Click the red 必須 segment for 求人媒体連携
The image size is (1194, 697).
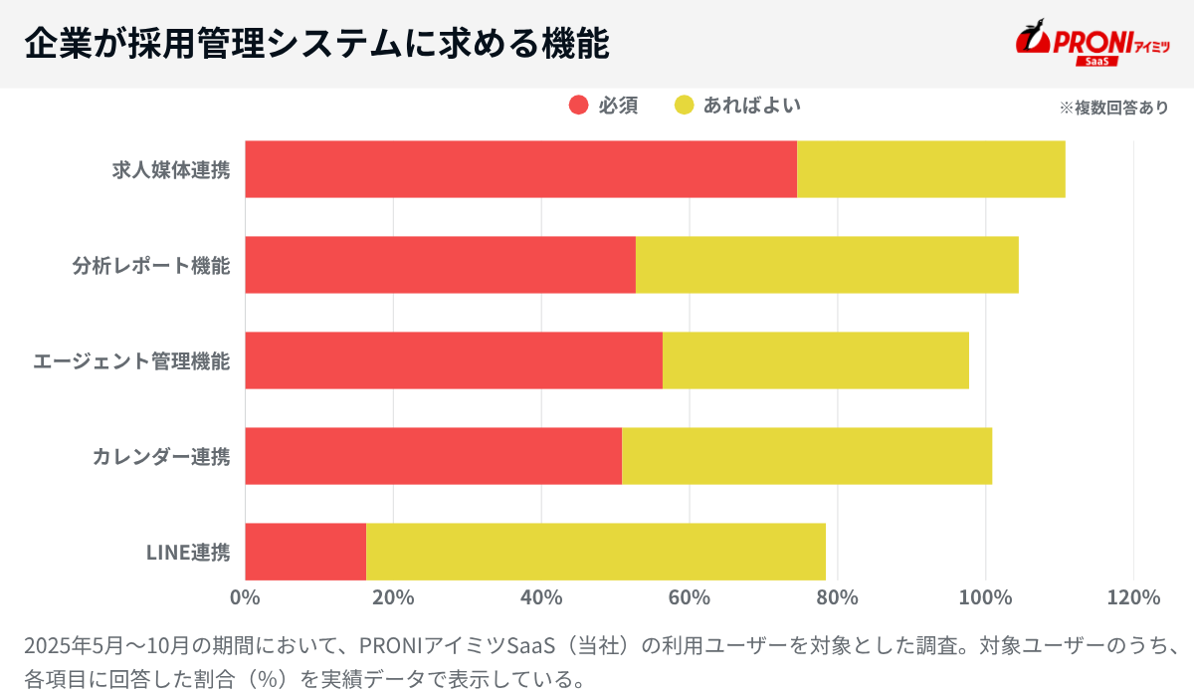point(520,169)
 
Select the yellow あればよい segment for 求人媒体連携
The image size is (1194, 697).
point(930,169)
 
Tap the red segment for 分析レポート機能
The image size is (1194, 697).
point(440,265)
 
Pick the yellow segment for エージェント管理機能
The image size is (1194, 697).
point(815,360)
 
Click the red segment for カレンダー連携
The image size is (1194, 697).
point(433,456)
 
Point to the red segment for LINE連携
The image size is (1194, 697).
point(305,552)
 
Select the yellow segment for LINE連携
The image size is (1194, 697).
point(595,552)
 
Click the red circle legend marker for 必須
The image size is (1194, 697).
point(578,106)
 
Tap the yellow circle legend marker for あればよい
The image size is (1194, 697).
point(684,106)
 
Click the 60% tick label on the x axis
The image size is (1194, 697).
point(689,597)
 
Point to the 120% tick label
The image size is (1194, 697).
point(1133,597)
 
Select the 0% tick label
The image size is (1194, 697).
point(245,597)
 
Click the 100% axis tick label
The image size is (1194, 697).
point(985,597)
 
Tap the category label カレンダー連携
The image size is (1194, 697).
point(161,457)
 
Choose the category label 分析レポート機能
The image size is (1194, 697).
point(150,266)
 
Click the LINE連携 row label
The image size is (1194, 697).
point(188,552)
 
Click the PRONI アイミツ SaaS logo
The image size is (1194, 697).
point(1092,44)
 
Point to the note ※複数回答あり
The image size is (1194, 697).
point(1113,108)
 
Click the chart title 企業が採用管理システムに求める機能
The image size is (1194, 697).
point(316,44)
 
